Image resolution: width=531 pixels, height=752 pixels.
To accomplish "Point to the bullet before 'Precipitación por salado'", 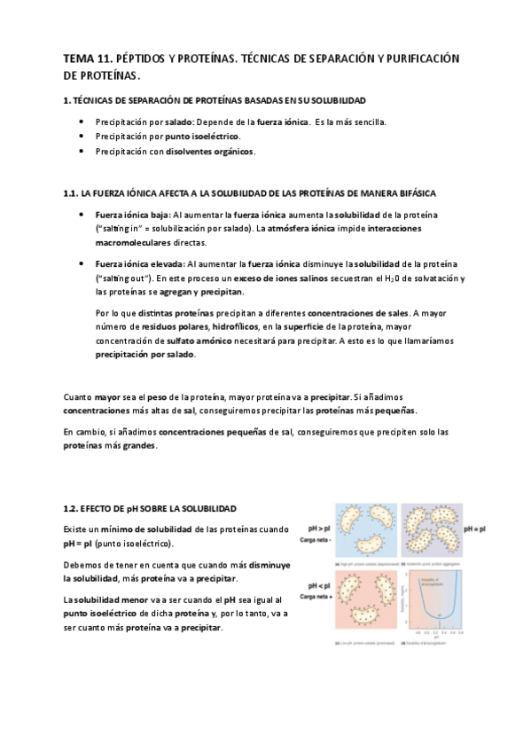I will pyautogui.click(x=82, y=121).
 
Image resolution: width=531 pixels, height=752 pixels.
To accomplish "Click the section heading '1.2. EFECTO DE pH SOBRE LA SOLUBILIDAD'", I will pyautogui.click(x=150, y=509).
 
